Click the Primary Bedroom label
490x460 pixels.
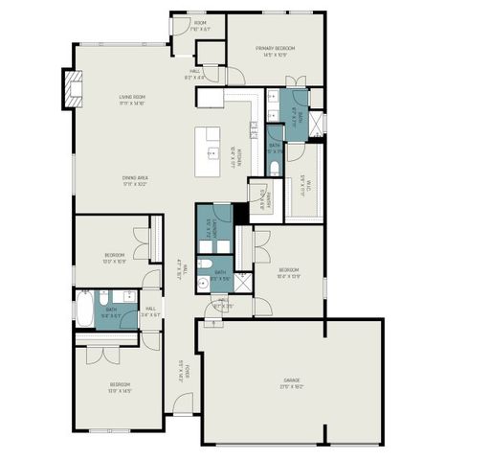tap(275, 51)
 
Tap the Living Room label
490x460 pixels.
tap(132, 99)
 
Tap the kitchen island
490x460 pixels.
tap(212, 150)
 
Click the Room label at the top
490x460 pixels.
tap(200, 26)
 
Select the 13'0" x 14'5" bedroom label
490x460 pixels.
tap(119, 386)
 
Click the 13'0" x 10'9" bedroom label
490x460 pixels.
tap(115, 258)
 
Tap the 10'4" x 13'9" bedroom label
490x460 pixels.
tap(288, 273)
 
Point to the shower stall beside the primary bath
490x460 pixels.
tap(319, 126)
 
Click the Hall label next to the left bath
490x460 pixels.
tap(151, 310)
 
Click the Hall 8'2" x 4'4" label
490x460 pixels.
tap(194, 74)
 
